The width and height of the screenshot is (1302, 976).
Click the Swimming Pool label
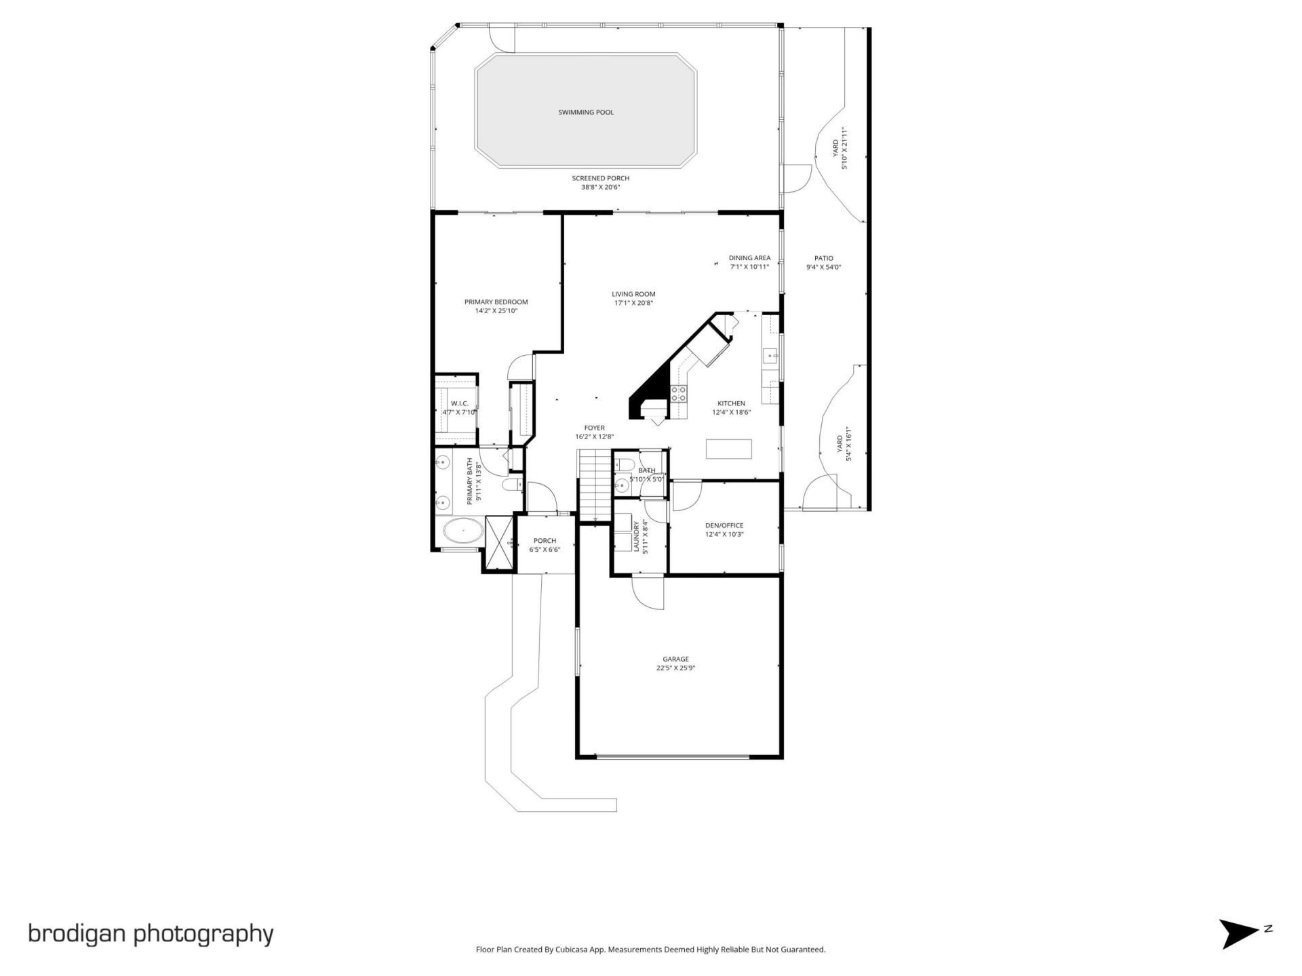586,113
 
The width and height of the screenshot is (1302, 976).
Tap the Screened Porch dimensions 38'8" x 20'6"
600,188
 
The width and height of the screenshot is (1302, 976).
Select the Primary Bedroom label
496,302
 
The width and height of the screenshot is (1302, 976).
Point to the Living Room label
633,294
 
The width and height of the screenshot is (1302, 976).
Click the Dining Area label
749,258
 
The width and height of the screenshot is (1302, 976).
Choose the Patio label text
823,258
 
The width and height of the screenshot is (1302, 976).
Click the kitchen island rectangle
729,449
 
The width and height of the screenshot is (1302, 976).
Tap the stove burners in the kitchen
679,394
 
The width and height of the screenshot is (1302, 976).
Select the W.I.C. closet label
459,403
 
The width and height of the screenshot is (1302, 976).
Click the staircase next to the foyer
595,485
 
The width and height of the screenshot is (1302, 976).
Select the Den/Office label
724,525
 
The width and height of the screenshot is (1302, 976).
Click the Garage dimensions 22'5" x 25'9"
675,668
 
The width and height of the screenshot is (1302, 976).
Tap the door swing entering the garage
646,593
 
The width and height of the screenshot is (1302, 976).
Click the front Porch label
545,541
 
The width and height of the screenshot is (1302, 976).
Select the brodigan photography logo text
151,933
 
